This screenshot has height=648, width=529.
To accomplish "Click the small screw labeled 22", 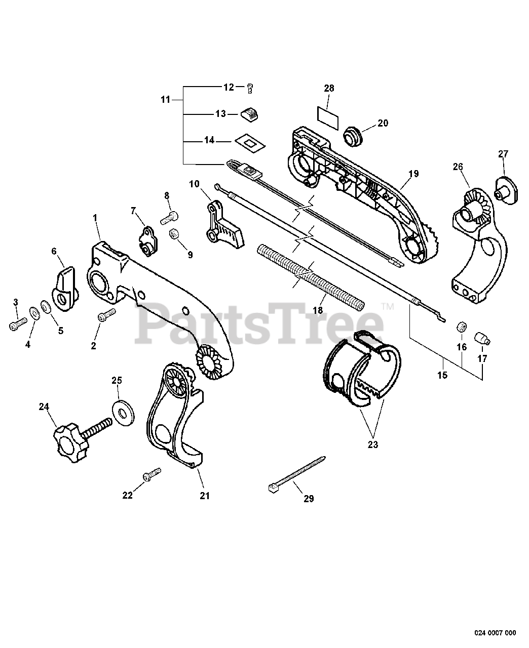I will coord(151,475).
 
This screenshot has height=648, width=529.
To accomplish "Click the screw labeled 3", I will coord(17,323).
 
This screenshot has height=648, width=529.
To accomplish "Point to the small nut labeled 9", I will coord(174,234).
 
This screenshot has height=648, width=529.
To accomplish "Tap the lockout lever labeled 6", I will coord(64,288).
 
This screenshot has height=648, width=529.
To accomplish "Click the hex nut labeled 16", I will coord(461,326).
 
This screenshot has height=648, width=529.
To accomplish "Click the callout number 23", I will coord(373,445).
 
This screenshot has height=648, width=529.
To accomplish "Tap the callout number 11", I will coord(166,100).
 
